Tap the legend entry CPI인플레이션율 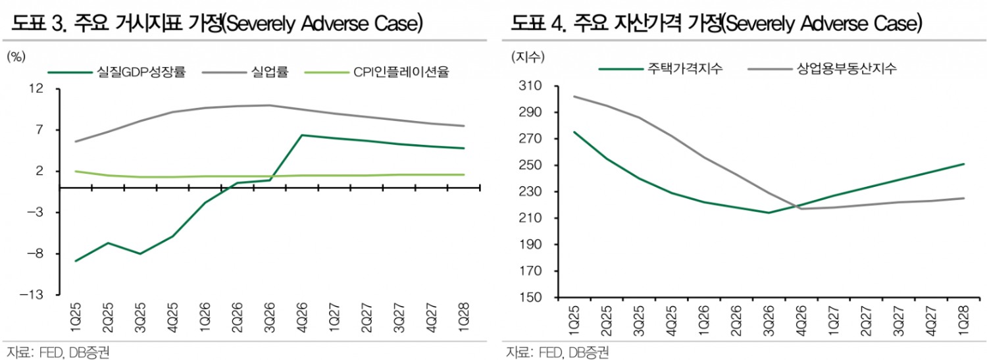tap(401, 72)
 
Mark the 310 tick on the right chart tap(530, 86)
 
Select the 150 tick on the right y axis tap(530, 297)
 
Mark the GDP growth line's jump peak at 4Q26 tap(301, 135)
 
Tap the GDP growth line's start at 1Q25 tap(76, 261)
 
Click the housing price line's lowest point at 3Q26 tap(769, 213)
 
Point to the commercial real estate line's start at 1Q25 tap(574, 96)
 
